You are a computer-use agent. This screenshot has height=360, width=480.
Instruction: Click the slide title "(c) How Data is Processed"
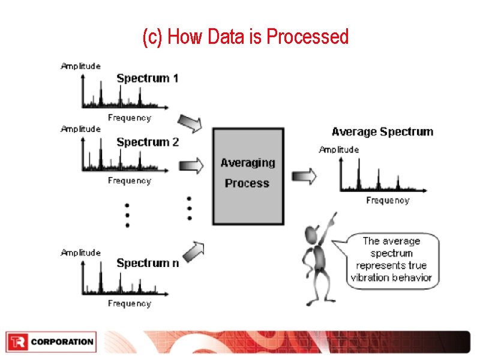point(245,37)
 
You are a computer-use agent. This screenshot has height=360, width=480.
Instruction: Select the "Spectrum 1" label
point(147,78)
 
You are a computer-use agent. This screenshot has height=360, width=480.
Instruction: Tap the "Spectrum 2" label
point(147,142)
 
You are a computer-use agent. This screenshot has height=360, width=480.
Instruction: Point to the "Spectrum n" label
point(147,263)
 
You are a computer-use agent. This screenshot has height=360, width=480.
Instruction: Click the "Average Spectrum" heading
point(382,131)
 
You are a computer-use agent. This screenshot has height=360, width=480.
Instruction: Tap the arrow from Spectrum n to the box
point(193,251)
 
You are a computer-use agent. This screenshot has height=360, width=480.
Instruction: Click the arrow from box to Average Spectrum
point(304,176)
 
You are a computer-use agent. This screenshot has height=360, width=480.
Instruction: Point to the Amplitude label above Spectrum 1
point(80,66)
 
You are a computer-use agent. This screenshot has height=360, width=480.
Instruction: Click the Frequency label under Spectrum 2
point(129,181)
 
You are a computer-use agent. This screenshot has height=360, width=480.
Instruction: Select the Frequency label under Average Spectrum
point(388,200)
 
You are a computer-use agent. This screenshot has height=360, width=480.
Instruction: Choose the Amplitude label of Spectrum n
point(80,253)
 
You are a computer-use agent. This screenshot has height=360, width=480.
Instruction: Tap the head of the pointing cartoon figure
point(312,233)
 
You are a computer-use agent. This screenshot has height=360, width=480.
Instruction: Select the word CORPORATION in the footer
point(62,342)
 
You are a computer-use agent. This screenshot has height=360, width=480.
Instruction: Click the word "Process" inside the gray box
point(247,183)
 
